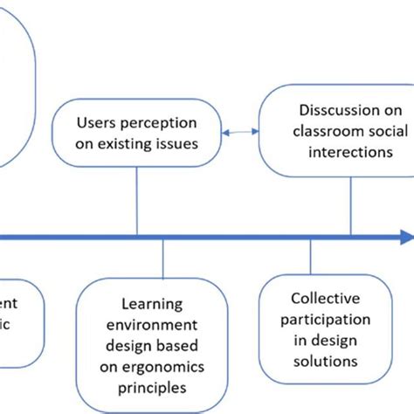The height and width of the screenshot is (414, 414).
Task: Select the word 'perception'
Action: (x=158, y=123)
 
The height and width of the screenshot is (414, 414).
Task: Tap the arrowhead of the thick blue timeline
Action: (x=404, y=237)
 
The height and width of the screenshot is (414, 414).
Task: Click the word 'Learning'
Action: (x=153, y=304)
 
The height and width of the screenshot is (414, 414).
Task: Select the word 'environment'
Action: (x=153, y=324)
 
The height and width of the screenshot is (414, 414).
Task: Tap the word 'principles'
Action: (x=153, y=385)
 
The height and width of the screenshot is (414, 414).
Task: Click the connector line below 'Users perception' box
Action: (x=138, y=201)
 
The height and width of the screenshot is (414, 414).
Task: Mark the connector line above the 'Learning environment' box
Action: (x=163, y=258)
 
